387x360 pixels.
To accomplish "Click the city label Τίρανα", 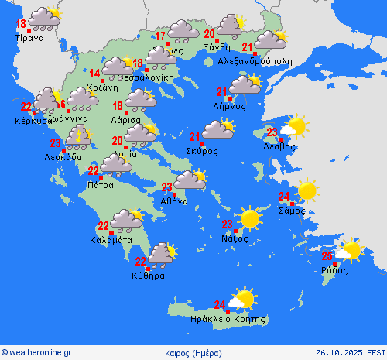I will tap(30, 36).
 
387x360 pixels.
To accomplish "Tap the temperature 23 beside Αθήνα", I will tap(166, 187).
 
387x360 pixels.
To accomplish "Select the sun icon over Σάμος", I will tap(307, 190).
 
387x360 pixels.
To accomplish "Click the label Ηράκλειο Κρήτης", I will tap(228, 318).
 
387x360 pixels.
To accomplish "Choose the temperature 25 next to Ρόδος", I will tap(328, 255).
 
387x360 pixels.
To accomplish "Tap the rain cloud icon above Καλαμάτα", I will tap(126, 220).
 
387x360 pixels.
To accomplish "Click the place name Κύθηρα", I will tap(147, 275).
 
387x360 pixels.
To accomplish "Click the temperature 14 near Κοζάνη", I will tap(94, 74).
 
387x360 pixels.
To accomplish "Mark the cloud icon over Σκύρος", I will tap(218, 130).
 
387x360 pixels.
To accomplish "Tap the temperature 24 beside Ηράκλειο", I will tap(221, 304).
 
